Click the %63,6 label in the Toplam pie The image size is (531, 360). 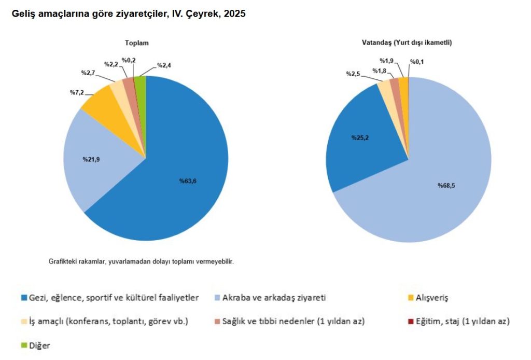click(x=188, y=181)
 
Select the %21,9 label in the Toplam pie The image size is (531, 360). click(x=91, y=159)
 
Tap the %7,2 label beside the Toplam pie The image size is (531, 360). click(x=77, y=92)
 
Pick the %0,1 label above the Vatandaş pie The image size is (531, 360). click(x=417, y=62)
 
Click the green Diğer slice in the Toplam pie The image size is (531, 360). click(x=141, y=86)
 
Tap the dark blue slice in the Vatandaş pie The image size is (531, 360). click(x=363, y=140)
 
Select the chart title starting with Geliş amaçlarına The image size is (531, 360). click(x=129, y=15)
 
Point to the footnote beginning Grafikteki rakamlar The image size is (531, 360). click(x=141, y=262)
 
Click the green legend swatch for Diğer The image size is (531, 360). click(x=24, y=344)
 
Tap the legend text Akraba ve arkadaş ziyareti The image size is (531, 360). click(x=273, y=298)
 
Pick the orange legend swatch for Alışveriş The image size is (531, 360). click(x=411, y=298)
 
